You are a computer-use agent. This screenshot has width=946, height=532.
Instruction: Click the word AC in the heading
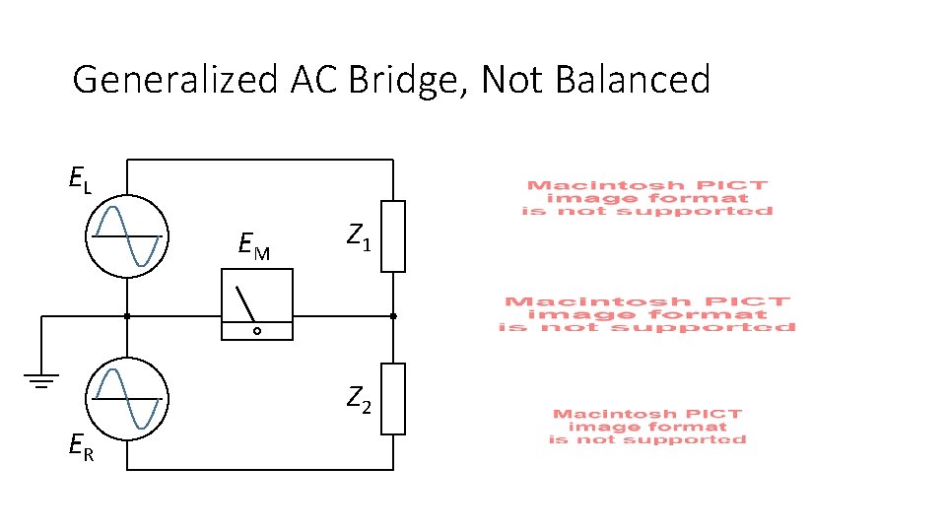tap(313, 80)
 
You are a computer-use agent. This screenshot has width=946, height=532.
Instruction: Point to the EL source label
tap(80, 180)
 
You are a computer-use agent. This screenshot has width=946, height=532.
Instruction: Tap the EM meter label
tap(254, 246)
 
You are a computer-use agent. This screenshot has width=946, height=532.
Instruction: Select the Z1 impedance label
tap(359, 236)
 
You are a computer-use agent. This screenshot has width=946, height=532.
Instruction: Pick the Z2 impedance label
tap(359, 400)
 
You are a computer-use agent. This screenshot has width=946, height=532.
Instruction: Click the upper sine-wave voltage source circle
tap(127, 237)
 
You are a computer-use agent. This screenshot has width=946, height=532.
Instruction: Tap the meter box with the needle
tap(256, 305)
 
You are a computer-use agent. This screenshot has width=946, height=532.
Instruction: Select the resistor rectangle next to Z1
tap(393, 236)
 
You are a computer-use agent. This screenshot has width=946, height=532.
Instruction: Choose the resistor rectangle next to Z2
tap(393, 398)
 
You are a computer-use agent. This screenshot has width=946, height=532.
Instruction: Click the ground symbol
tap(41, 379)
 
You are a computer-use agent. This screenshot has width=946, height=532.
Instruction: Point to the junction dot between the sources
tap(127, 316)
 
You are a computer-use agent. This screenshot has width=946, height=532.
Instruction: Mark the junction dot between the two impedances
tap(393, 316)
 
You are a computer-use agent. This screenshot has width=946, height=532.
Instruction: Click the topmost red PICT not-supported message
tap(646, 198)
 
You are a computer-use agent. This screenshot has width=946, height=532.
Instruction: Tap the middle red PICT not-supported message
tap(647, 314)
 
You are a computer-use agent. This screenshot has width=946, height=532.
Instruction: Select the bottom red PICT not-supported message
tap(646, 427)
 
